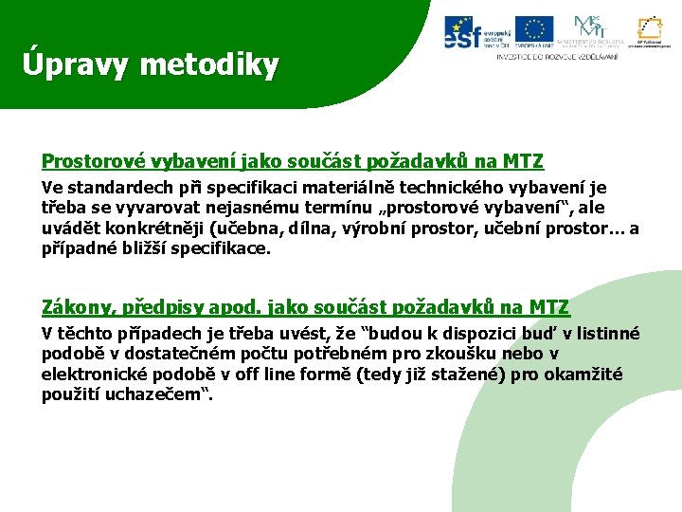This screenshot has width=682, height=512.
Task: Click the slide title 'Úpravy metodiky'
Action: [152, 64]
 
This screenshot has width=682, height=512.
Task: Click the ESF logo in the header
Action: [476, 33]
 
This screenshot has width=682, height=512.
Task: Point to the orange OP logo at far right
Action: [650, 32]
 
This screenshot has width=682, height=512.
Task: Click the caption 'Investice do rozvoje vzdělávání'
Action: [557, 57]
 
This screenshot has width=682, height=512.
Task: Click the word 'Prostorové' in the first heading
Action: [86, 161]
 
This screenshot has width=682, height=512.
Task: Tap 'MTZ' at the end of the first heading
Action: [524, 161]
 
